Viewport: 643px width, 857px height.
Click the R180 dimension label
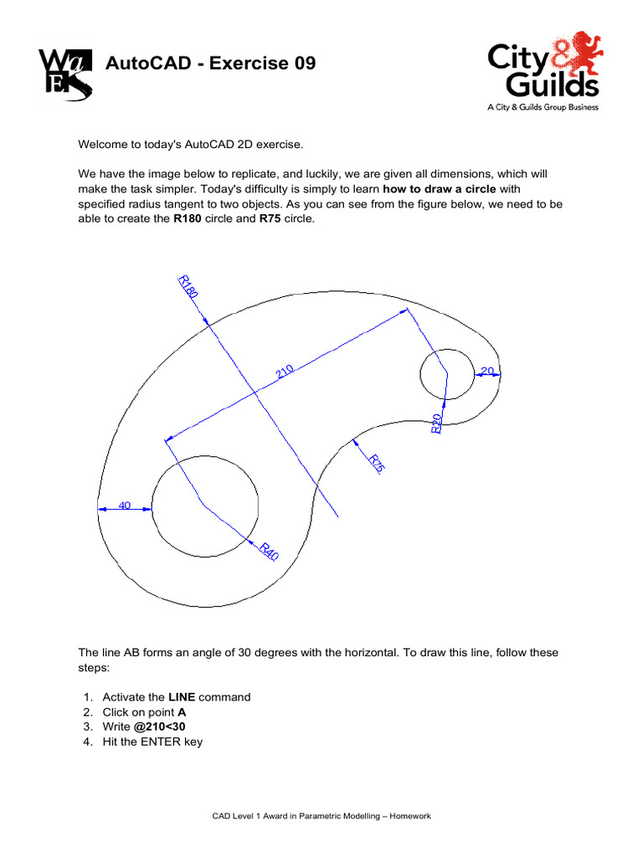tap(188, 287)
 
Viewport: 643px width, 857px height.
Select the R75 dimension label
tap(377, 464)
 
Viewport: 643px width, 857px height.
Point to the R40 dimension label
tap(269, 552)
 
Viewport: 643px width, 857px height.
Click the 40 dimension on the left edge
tap(126, 505)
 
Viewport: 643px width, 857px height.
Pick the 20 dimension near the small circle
tap(487, 370)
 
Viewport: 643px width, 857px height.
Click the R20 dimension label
tap(436, 423)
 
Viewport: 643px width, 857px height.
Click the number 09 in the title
tap(301, 64)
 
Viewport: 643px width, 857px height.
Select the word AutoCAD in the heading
tap(141, 64)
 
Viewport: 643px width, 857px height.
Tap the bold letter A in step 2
tap(182, 712)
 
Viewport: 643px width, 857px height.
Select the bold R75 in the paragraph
tap(270, 218)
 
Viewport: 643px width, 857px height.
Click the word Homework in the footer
tap(411, 816)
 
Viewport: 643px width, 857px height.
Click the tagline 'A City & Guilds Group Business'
tap(543, 107)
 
